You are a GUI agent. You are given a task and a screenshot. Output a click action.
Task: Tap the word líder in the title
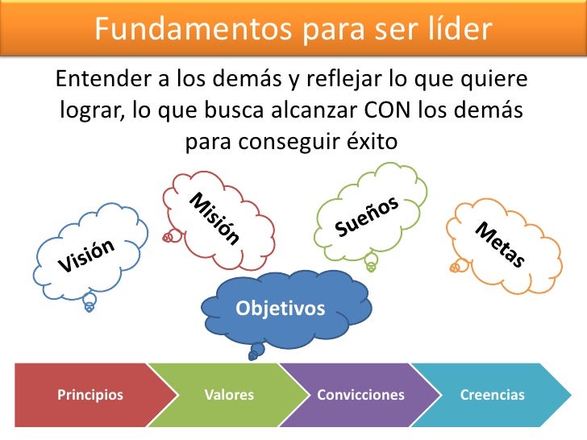pyautogui.click(x=457, y=29)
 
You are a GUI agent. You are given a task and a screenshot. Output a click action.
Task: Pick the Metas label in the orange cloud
pyautogui.click(x=500, y=243)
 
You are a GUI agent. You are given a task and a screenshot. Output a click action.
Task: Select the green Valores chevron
pyautogui.click(x=229, y=395)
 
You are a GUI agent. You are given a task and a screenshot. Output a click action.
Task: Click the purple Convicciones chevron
pyautogui.click(x=360, y=395)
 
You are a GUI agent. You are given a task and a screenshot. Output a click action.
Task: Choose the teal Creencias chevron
pyautogui.click(x=492, y=395)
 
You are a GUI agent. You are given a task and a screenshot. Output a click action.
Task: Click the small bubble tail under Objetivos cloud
pyautogui.click(x=257, y=351)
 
